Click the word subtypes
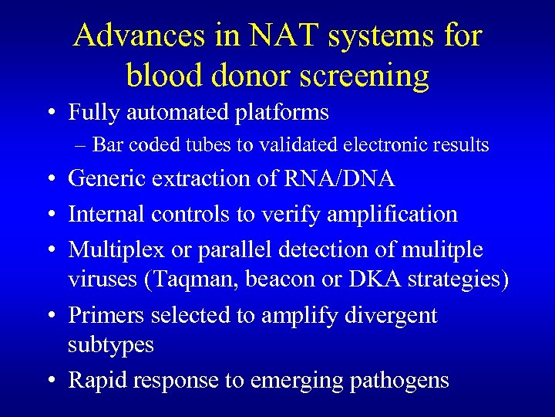pos(111,345)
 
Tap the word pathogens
pos(399,380)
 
